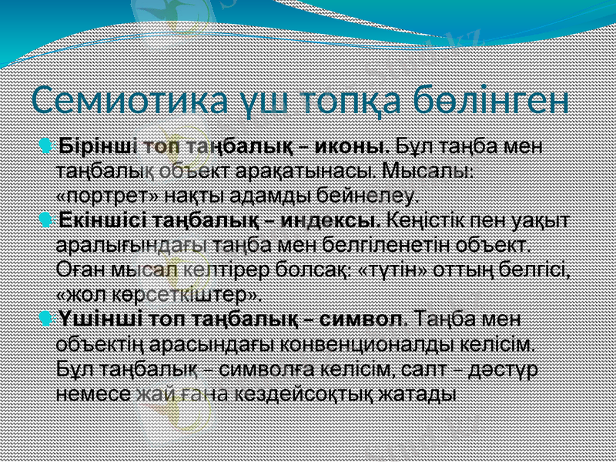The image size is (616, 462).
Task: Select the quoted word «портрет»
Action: pos(95,192)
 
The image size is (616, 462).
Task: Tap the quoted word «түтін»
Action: pos(394,269)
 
